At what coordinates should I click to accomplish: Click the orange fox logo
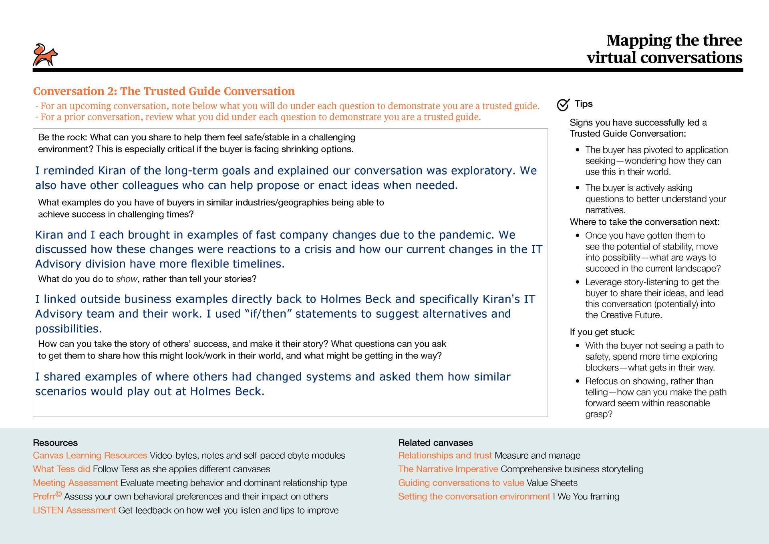[45, 55]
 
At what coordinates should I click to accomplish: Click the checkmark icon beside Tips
[563, 105]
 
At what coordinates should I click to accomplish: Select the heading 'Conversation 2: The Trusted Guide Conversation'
[164, 91]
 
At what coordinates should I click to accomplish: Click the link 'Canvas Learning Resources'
[90, 455]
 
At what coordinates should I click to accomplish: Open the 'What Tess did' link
[61, 469]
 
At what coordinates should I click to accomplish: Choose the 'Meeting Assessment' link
[75, 483]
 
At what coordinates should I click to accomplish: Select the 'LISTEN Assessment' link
[74, 510]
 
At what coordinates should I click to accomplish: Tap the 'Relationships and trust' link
[445, 455]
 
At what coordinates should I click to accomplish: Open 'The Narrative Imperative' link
[448, 469]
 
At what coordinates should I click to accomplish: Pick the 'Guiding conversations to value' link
[461, 483]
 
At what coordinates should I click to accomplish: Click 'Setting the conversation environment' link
[474, 496]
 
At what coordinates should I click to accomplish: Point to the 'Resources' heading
[55, 443]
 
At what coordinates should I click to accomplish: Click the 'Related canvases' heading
[435, 443]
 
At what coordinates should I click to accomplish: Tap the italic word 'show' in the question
[126, 279]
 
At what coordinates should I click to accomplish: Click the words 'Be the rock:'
[62, 137]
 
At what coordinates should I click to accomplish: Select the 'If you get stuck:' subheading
[602, 332]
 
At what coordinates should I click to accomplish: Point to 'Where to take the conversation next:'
[644, 222]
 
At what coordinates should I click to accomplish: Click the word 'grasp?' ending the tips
[598, 414]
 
